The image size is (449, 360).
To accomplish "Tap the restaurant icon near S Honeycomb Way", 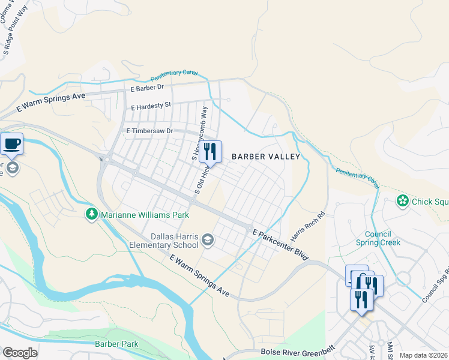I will point(210,151).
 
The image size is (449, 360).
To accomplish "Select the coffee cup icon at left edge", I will point(11,144).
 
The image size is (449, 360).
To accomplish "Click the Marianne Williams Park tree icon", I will point(91,214).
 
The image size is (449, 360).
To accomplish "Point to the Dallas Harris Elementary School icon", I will point(208,240).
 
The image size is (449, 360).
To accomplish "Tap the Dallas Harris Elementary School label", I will point(164,241).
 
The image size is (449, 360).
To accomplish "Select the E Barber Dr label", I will point(147,88).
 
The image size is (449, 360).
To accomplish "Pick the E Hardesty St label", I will point(151,106).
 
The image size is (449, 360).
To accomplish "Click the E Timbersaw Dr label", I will point(149,131).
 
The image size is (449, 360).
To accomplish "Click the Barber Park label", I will point(116,344).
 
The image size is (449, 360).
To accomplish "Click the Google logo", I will point(20,353).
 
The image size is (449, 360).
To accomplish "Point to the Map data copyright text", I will point(423,355).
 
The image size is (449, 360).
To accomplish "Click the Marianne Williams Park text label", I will point(145,215).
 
